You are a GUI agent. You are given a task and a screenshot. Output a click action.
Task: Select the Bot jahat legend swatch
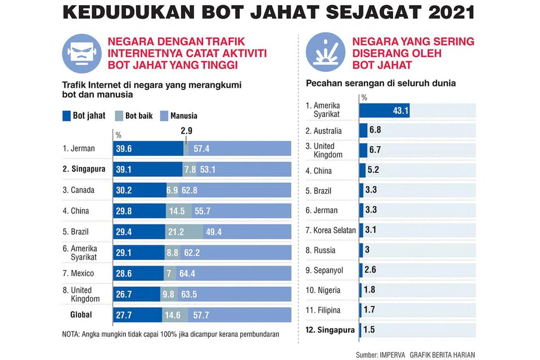click(x=66, y=116)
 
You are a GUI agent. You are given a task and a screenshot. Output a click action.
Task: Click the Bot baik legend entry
click(x=133, y=116)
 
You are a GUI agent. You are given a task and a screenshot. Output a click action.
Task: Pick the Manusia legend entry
click(x=179, y=116)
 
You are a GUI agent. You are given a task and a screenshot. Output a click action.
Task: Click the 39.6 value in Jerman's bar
click(x=124, y=149)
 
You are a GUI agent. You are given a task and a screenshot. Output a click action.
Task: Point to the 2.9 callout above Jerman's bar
click(x=186, y=130)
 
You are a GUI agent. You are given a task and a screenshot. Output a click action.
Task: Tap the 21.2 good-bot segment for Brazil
click(x=182, y=231)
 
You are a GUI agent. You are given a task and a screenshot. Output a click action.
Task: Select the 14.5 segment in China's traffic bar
click(x=177, y=211)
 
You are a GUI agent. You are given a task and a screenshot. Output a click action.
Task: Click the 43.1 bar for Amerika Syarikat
click(x=384, y=110)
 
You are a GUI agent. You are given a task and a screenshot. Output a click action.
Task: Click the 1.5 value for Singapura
click(x=369, y=330)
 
